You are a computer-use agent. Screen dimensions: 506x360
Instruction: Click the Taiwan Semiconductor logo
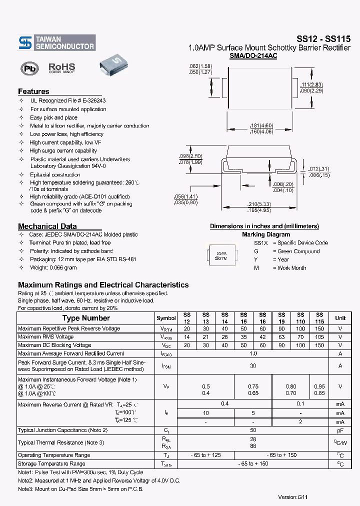(x=56, y=42)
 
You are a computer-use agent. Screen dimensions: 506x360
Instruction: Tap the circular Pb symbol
(x=29, y=69)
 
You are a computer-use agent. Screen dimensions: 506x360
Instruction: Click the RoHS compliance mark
(x=61, y=67)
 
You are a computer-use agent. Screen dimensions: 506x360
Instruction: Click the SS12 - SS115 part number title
(x=323, y=38)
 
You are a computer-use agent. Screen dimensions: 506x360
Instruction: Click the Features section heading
(x=33, y=91)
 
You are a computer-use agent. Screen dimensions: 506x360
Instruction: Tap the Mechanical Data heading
(x=47, y=226)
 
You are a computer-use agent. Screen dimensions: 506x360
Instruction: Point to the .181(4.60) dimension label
(x=261, y=125)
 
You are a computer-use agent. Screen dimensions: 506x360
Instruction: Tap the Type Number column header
(x=86, y=318)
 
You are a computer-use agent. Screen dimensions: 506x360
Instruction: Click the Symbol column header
(x=166, y=318)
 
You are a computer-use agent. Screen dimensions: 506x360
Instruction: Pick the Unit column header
(x=340, y=318)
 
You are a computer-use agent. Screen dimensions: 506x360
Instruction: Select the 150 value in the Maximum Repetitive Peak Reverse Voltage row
(x=319, y=328)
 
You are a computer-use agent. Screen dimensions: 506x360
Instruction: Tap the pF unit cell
(x=340, y=430)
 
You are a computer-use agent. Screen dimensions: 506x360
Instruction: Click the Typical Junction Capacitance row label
(x=62, y=430)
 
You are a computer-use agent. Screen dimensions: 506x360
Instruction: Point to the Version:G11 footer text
(x=293, y=497)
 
